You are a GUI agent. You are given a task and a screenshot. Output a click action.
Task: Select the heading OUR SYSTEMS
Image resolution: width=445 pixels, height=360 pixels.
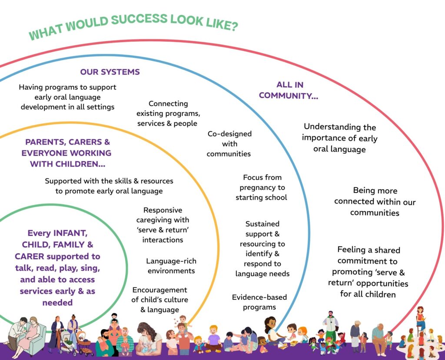click(x=110, y=72)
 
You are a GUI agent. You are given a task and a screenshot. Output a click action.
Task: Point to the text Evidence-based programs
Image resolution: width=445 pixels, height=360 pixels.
click(x=254, y=302)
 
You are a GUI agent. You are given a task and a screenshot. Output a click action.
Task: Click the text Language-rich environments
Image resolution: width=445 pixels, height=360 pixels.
click(x=171, y=266)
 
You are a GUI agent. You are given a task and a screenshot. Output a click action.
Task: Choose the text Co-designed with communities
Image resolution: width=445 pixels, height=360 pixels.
click(x=229, y=144)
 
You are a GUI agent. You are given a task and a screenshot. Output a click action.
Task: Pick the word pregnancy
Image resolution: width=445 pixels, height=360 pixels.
click(x=262, y=187)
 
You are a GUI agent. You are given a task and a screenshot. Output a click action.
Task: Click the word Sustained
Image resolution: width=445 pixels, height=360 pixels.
click(x=262, y=224)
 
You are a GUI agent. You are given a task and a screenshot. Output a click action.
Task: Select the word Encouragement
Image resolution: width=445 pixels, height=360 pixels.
click(x=159, y=290)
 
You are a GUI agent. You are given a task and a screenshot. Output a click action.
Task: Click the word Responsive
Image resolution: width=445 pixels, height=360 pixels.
click(x=163, y=210)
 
